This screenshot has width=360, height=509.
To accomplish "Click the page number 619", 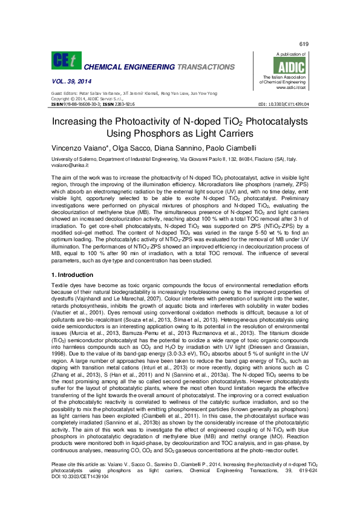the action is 304,45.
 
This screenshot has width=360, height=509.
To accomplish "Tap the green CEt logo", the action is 65,60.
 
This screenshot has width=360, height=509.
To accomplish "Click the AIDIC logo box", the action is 292,67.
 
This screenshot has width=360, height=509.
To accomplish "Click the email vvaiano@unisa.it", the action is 70,164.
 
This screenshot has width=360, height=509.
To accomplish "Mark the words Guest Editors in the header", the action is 63,94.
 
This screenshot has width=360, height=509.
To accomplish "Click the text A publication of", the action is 289,54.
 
